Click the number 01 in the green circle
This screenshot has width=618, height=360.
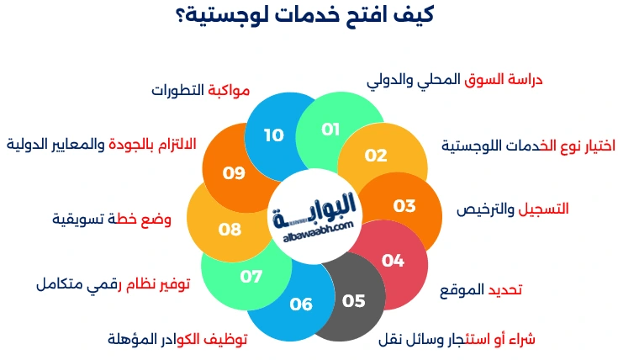[x=330, y=130]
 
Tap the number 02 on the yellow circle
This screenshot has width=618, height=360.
[x=376, y=155]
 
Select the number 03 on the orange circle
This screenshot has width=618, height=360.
[x=404, y=206]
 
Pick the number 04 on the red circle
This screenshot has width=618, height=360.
[x=393, y=260]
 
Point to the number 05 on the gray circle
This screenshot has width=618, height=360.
[x=354, y=300]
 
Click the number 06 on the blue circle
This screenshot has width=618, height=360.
[x=300, y=304]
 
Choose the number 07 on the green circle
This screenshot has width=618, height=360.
[x=251, y=276]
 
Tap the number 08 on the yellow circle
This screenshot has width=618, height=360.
[x=230, y=228]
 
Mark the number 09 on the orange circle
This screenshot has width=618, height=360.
[x=234, y=173]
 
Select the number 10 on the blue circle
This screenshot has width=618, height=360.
[x=273, y=135]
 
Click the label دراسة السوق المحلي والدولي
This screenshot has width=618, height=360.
[x=455, y=80]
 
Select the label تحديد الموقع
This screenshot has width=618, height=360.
[x=482, y=290]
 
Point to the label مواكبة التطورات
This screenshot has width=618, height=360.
[x=203, y=90]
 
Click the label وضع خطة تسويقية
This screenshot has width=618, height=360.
[x=111, y=220]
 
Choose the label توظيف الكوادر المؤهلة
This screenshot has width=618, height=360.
[x=177, y=339]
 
